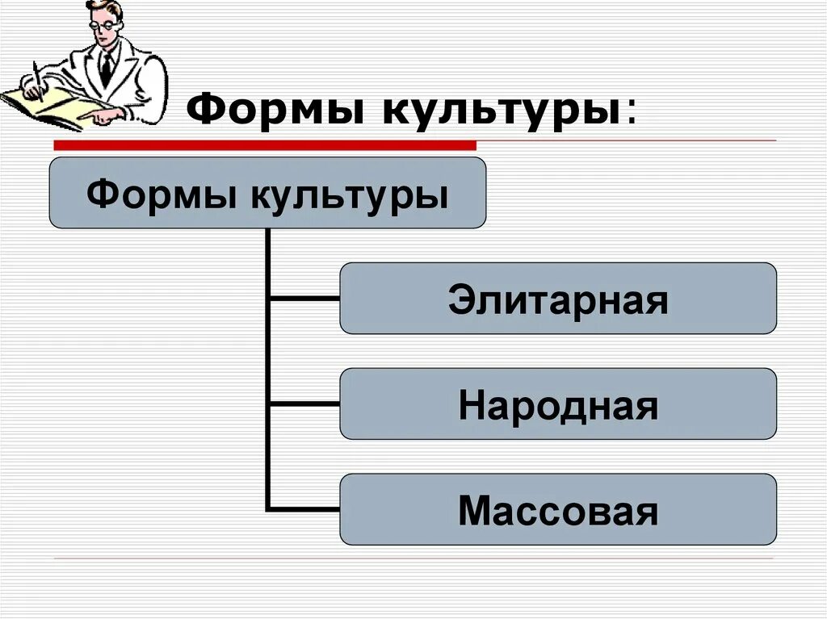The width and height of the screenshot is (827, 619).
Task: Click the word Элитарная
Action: coord(558,301)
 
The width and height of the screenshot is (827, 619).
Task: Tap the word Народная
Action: coord(558,406)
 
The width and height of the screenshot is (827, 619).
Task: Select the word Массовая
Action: coord(558,511)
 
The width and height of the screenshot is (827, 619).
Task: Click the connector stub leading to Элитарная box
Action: coord(304,299)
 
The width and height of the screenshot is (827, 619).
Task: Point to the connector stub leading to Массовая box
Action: coord(304,508)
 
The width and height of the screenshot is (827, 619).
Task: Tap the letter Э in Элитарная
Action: coord(460,301)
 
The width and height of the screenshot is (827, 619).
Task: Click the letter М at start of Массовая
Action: coord(472,511)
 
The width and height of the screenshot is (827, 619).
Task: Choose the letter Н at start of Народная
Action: coord(471,406)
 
